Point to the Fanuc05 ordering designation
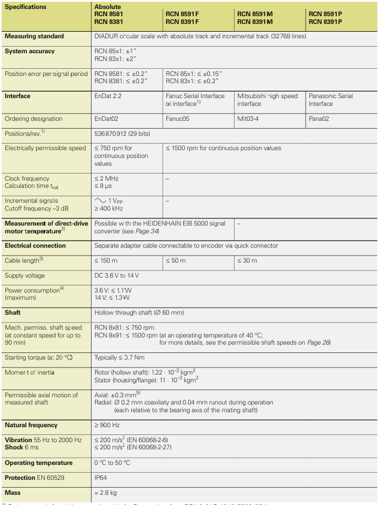[x=178, y=119]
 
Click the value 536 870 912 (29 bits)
[x=127, y=134]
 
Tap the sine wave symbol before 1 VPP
[x=102, y=201]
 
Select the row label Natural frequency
[x=31, y=425]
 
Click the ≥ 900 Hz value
[x=108, y=425]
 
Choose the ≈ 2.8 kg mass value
[x=106, y=492]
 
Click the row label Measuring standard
[x=34, y=36]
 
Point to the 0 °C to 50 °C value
[x=113, y=463]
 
